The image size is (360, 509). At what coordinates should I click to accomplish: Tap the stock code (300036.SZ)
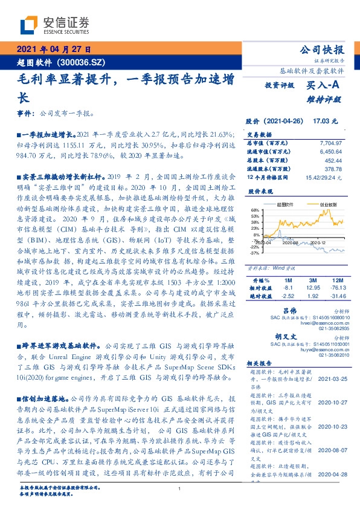coord(82,62)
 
